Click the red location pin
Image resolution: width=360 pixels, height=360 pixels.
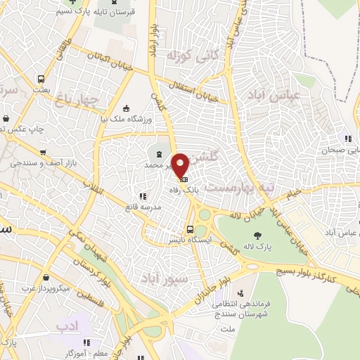coord(181,165)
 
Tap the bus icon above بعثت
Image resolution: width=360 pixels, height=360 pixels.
coord(41,79)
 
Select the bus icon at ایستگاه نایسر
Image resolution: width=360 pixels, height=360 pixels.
coord(190,229)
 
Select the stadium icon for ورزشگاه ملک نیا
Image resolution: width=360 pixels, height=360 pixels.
coord(125,108)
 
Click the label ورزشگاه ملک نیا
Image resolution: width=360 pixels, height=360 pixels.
coord(125,120)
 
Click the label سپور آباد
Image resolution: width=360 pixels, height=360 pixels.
coord(165,271)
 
